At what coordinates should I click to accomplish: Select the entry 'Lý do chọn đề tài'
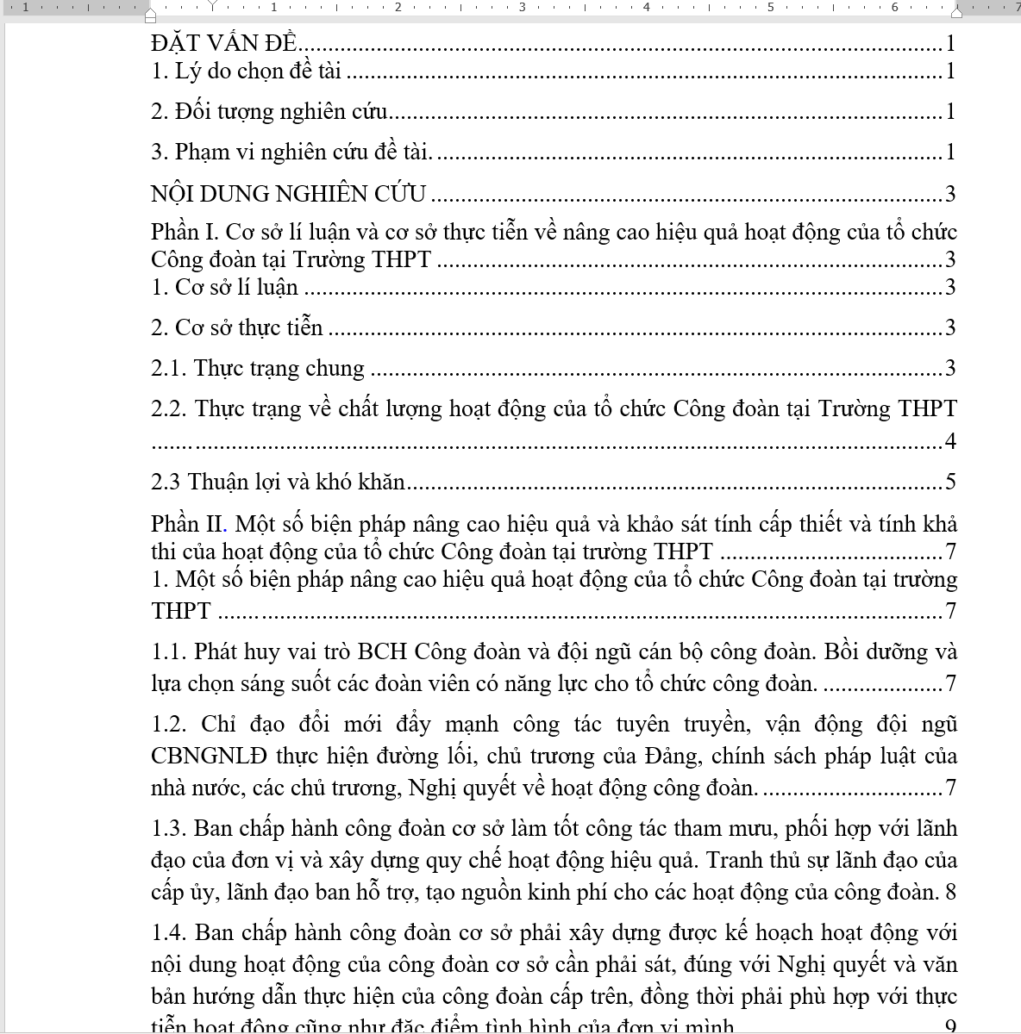259,72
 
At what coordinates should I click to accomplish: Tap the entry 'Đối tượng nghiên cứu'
281,112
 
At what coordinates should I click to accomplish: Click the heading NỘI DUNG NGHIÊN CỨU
288,194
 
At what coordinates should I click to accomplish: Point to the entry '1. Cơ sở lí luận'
224,288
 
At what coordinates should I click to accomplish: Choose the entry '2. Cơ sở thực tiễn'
237,328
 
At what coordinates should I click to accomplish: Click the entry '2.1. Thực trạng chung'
258,369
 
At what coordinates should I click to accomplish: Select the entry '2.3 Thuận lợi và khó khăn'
278,483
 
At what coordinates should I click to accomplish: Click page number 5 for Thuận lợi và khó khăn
950,483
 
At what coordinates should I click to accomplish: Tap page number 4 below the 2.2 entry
950,442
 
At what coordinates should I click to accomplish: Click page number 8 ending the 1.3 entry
950,892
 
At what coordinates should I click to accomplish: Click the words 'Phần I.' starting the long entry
185,233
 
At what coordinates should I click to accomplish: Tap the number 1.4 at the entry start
169,933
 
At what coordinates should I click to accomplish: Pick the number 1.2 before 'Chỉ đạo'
169,725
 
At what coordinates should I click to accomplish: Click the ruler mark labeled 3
522,7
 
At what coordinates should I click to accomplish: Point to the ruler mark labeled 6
894,7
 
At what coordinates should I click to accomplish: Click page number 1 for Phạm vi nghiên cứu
950,153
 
